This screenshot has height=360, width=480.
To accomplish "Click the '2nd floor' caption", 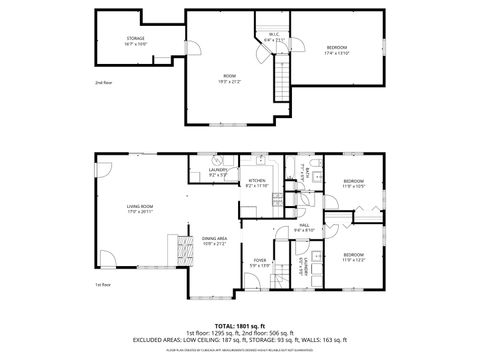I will pyautogui.click(x=103, y=82).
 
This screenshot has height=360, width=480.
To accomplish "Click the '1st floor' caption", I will pyautogui.click(x=102, y=284).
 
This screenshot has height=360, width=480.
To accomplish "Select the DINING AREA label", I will pyautogui.click(x=216, y=238).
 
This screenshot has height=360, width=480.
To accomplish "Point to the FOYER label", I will pyautogui.click(x=260, y=260).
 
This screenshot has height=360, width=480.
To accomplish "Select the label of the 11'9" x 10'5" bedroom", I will pyautogui.click(x=355, y=181).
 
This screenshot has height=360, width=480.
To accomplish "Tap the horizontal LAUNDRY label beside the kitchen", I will pyautogui.click(x=219, y=170).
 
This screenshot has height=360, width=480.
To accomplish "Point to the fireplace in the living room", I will pyautogui.click(x=183, y=247).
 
